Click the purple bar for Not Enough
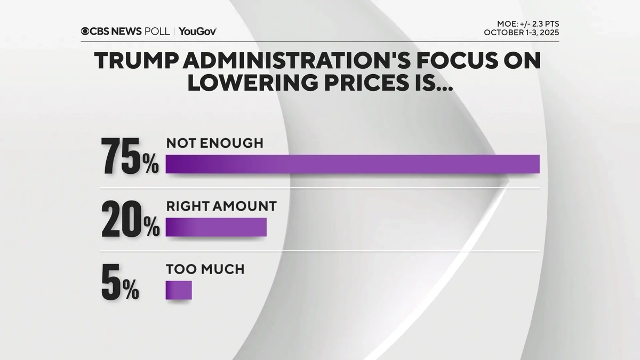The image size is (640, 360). coord(353,164)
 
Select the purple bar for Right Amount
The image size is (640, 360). coord(216,227)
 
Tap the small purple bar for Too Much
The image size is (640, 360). coord(179,290)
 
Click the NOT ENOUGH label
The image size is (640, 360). coord(215,143)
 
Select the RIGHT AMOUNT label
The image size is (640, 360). coord(221,206)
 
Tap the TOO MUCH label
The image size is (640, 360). coord(205,269)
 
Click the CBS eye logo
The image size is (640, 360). coord(85,31)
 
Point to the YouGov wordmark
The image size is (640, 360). coord(198,31)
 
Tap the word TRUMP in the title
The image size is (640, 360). coord(136,61)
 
